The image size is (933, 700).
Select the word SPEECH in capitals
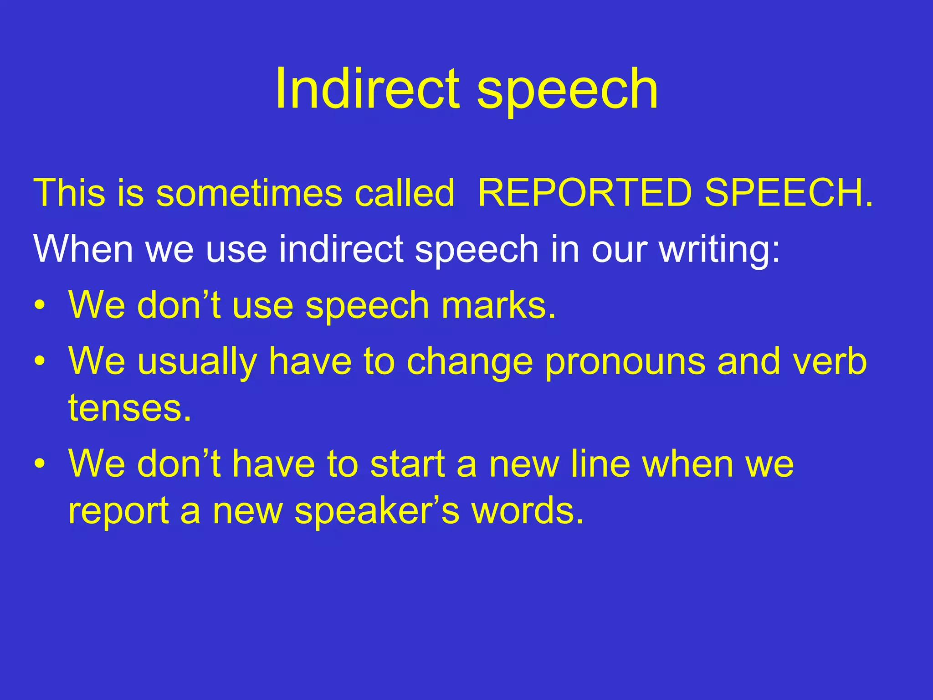[788, 193]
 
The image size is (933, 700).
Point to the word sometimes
[249, 193]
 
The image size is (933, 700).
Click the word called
[405, 193]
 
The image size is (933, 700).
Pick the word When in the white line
[83, 249]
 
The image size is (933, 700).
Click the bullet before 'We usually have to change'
[40, 361]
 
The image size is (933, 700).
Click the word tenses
[130, 408]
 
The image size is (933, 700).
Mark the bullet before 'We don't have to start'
[40, 464]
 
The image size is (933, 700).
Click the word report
[119, 513]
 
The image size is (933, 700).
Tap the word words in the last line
[528, 510]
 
